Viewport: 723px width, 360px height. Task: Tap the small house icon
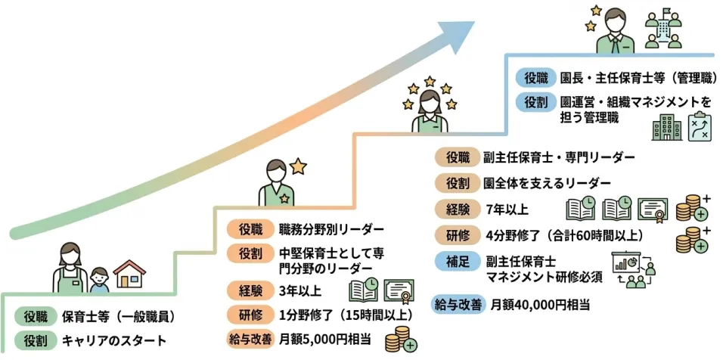(129, 275)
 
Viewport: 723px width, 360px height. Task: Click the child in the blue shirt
(99, 280)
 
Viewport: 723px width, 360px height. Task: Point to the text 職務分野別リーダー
(331, 229)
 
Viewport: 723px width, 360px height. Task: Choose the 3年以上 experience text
(300, 290)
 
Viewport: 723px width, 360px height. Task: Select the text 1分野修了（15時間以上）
(346, 314)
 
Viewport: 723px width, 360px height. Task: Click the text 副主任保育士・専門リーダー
(559, 158)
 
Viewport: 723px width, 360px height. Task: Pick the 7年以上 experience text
(507, 209)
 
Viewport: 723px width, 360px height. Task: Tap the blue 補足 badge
(456, 262)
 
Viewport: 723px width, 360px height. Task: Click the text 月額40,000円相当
(540, 305)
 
